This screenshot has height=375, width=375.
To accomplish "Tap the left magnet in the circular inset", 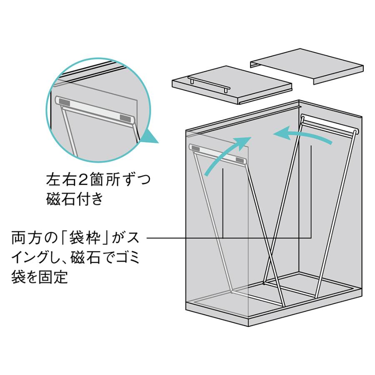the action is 65,102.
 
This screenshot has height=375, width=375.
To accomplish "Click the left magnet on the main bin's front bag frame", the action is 195,149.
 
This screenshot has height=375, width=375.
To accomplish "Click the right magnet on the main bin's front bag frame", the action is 240,160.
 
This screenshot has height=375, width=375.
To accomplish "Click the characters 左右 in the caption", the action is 61,180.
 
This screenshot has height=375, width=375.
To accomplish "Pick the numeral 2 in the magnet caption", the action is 82,180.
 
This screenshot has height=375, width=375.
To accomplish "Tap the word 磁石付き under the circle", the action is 75,198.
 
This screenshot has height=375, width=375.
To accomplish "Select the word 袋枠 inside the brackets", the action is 83,238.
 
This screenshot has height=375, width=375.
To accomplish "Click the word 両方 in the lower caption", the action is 26,238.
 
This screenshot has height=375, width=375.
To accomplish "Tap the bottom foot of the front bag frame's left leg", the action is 232,292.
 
